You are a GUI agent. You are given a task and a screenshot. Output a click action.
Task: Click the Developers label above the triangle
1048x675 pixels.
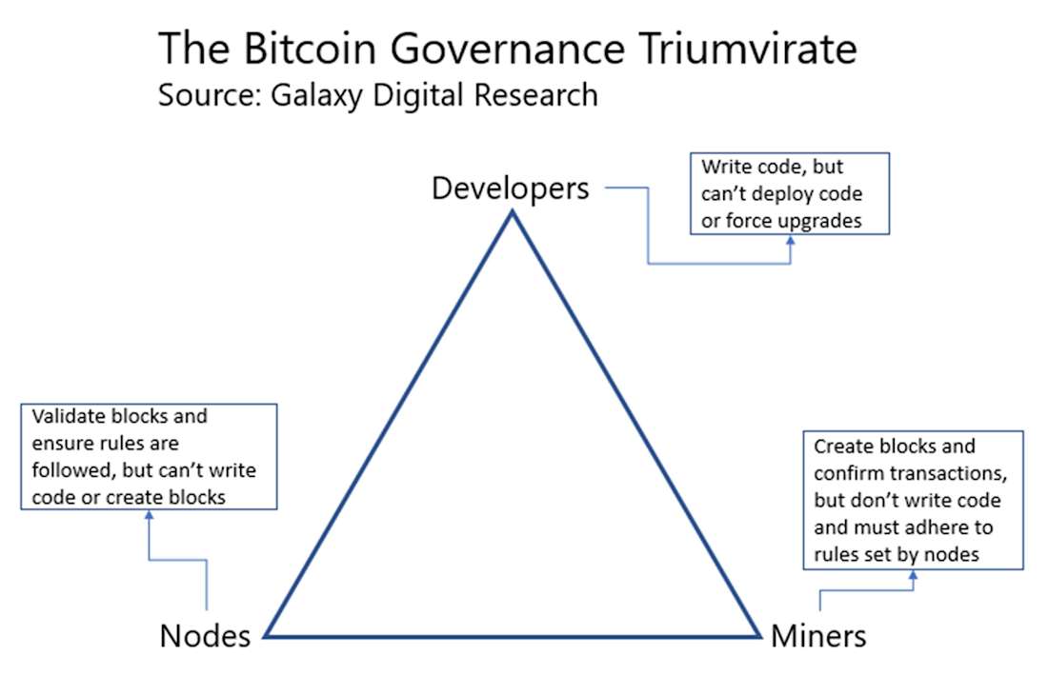pos(511,188)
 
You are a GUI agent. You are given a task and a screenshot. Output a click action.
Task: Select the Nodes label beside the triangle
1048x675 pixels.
pos(205,635)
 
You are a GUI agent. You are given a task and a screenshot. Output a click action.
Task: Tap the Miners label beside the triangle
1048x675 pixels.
pos(818,635)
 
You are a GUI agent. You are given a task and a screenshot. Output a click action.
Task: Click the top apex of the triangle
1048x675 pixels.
pos(512,212)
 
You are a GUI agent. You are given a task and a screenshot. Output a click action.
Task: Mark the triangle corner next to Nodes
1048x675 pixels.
pos(267,634)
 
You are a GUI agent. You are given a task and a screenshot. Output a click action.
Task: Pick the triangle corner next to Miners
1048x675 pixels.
pos(758,634)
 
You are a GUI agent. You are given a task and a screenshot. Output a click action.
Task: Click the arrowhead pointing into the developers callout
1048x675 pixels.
pos(790,242)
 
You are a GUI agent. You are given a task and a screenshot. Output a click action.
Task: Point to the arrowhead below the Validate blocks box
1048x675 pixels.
pos(148,515)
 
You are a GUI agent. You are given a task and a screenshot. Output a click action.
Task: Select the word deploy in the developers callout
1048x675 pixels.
pos(787,194)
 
